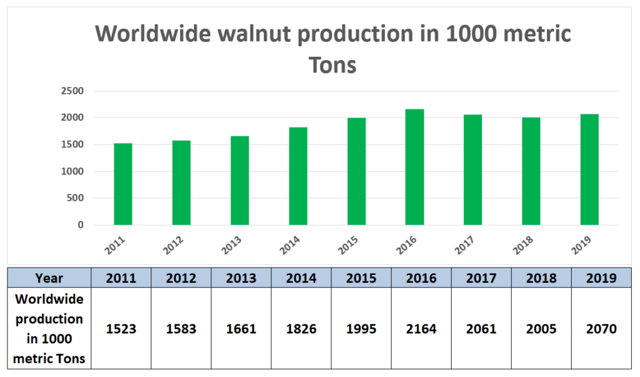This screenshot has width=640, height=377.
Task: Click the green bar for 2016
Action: [414, 167]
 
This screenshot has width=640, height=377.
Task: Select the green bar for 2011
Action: [122, 184]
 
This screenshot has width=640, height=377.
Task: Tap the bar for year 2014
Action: [298, 176]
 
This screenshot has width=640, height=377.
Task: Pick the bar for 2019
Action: [589, 169]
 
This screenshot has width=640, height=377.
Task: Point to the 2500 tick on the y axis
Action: [72, 91]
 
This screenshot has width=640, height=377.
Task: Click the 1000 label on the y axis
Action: [72, 171]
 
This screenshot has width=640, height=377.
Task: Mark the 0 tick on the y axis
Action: [80, 225]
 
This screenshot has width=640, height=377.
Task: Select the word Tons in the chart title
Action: [333, 64]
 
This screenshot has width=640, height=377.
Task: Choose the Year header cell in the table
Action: [49, 278]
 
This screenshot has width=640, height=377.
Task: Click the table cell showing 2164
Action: [421, 329]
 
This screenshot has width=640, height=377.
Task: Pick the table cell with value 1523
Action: [121, 329]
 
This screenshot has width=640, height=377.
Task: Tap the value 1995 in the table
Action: [361, 329]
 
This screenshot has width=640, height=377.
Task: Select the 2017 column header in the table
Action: [481, 278]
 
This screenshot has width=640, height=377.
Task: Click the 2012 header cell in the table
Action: [181, 278]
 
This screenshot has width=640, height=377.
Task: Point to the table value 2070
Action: [601, 329]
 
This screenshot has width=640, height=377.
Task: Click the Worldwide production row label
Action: [49, 329]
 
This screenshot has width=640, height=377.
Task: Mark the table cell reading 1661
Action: [241, 329]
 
